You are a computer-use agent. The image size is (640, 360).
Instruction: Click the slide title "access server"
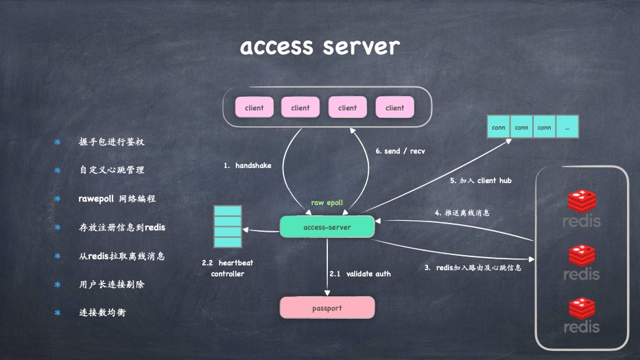320,47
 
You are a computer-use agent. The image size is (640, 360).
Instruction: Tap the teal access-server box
327,227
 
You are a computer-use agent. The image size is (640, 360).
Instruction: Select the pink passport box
327,308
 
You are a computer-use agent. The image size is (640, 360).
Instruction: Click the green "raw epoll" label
327,203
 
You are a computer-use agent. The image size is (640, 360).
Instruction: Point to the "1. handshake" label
248,166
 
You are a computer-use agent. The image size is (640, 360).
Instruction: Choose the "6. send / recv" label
400,151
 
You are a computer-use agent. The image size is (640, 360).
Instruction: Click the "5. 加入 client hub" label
480,181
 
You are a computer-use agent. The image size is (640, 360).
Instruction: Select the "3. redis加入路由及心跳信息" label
473,267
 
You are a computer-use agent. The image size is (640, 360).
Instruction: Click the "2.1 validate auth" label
360,274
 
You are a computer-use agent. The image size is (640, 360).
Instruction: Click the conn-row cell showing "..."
567,128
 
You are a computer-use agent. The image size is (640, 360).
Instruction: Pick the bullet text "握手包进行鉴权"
112,142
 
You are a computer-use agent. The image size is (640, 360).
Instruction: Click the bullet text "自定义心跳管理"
112,170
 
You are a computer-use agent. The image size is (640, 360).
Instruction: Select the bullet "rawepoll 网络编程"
117,199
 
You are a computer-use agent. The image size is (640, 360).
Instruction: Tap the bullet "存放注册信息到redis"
122,227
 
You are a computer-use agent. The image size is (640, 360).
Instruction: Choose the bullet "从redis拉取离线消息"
121,256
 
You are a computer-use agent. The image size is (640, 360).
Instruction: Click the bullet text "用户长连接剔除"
112,284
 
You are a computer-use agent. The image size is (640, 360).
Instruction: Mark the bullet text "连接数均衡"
102,313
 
